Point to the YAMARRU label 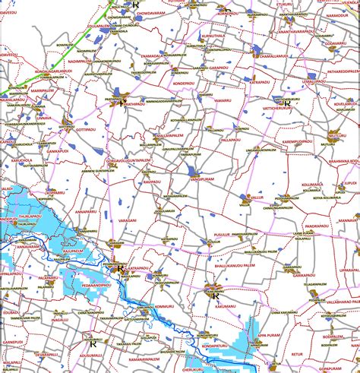click(x=223, y=100)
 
